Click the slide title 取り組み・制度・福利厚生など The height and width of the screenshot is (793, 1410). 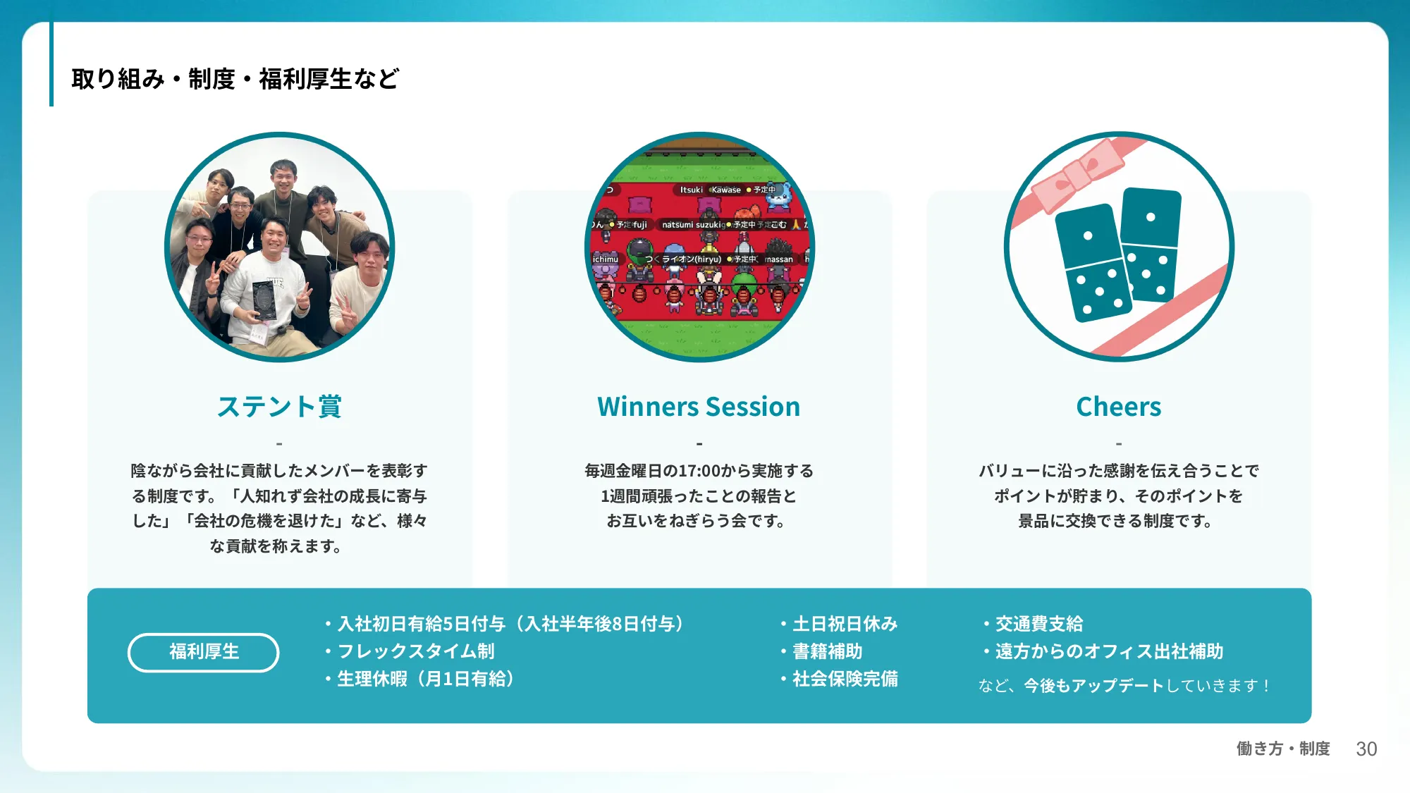point(235,78)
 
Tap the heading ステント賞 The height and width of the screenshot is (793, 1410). point(279,407)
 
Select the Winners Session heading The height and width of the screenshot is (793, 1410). point(699,407)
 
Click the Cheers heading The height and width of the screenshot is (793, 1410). point(1118,407)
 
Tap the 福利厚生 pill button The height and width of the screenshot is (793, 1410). point(203,652)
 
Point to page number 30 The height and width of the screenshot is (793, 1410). point(1366,749)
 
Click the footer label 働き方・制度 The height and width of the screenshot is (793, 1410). point(1283,749)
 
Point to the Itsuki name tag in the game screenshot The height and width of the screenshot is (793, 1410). point(691,190)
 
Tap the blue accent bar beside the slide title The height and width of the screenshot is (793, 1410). point(51,64)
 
